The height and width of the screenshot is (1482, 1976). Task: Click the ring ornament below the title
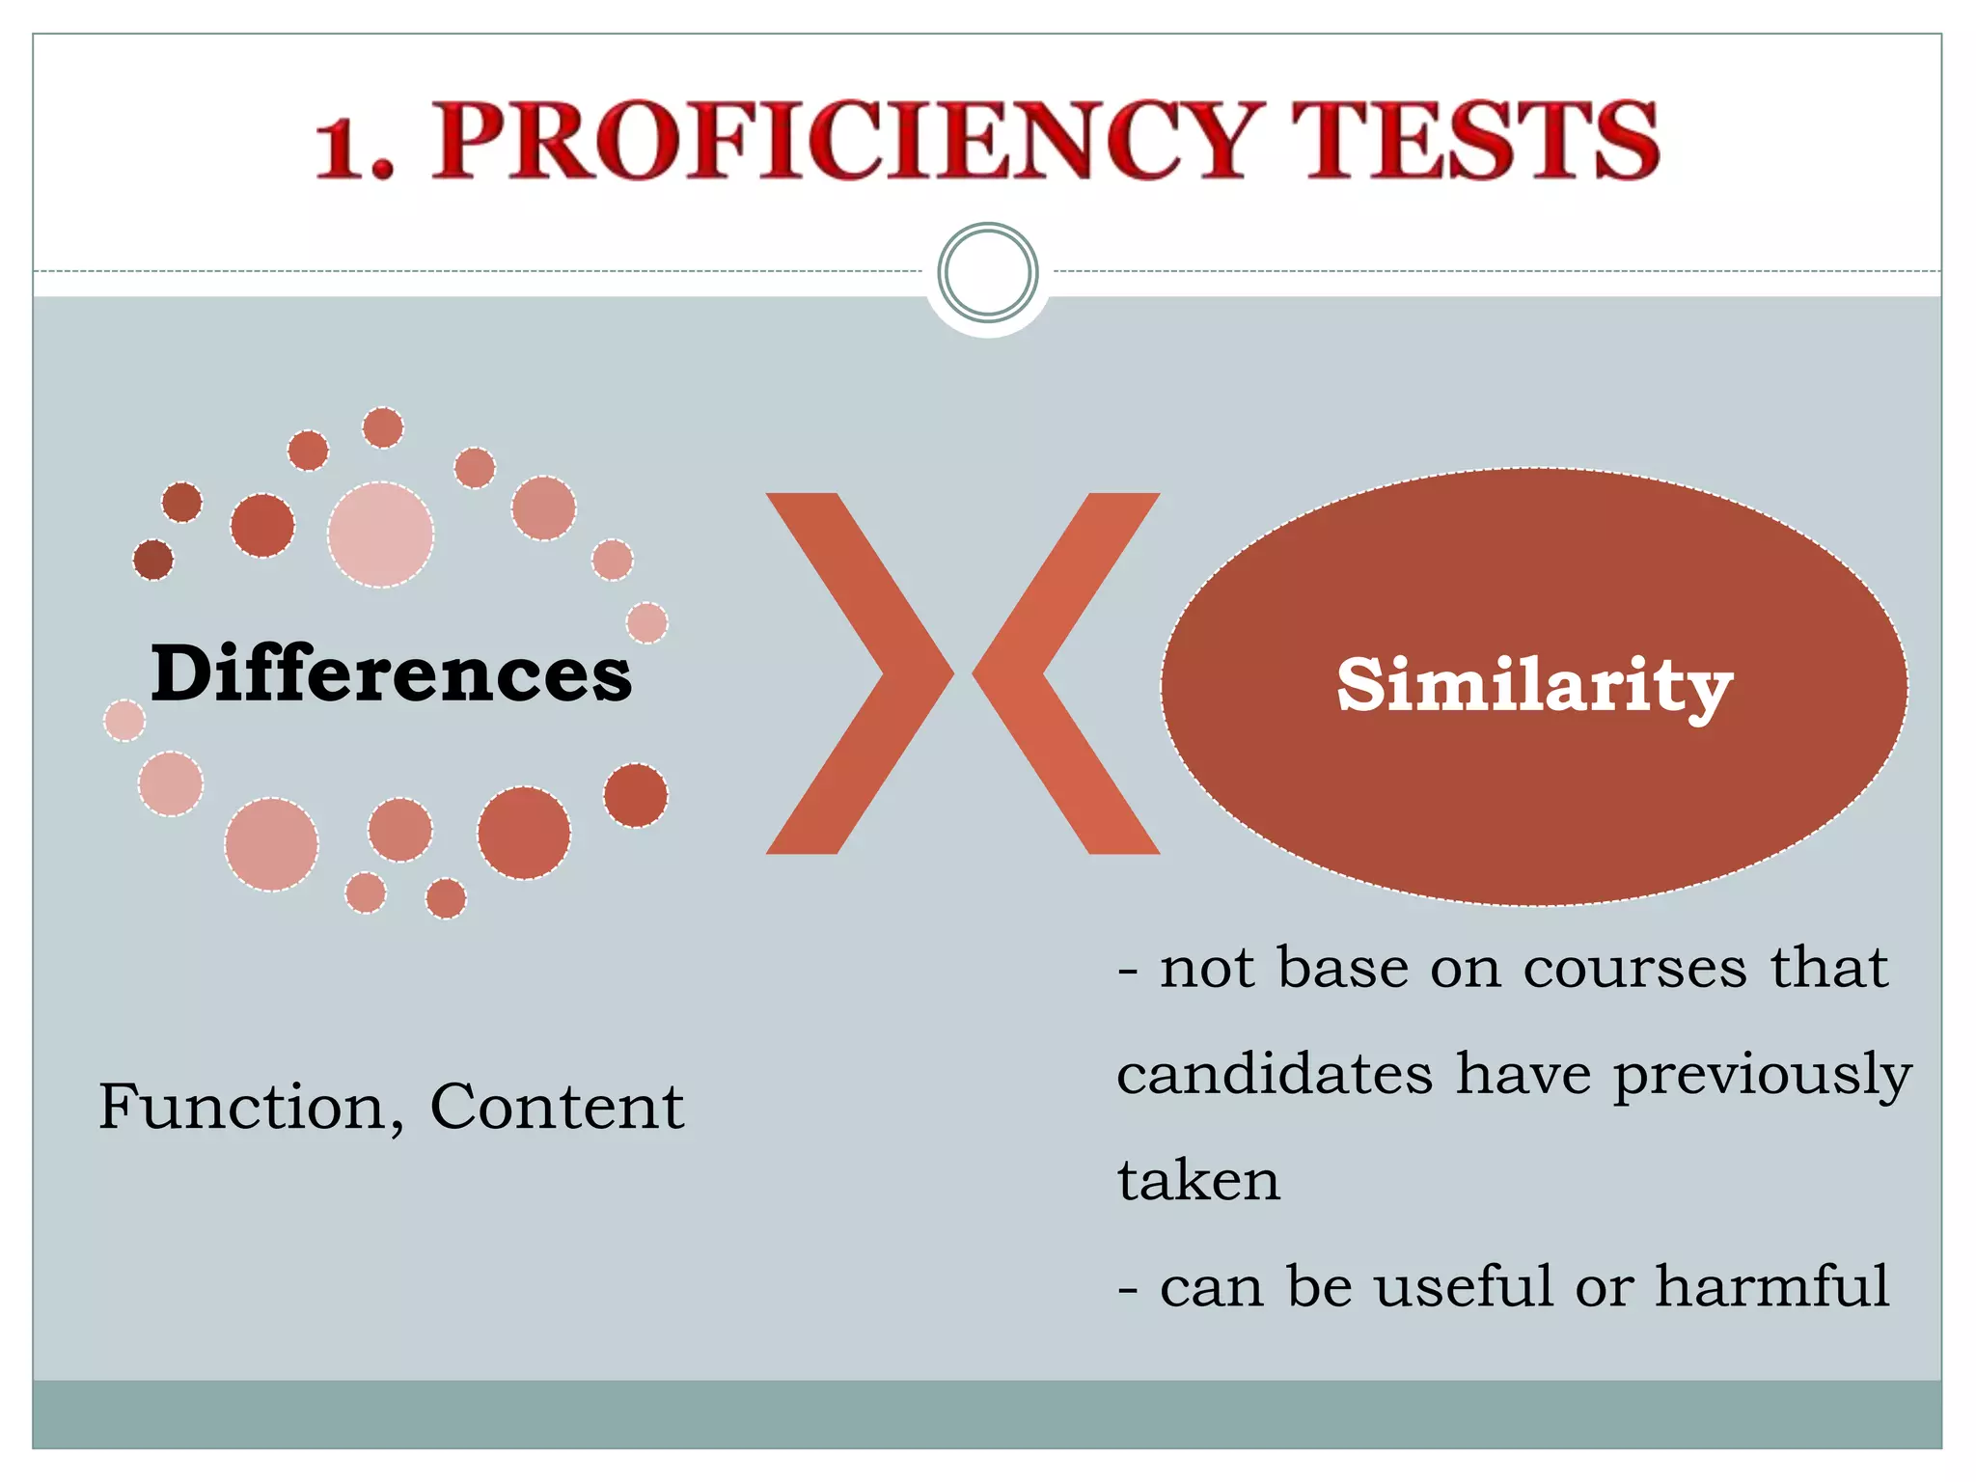tap(988, 272)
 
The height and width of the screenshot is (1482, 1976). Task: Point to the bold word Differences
tap(391, 673)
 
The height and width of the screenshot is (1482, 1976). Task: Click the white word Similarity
tap(1534, 686)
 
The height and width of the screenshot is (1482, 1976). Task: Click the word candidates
tap(1275, 1074)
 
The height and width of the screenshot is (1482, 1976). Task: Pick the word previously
tap(1762, 1076)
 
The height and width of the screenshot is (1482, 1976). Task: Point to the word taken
tap(1198, 1180)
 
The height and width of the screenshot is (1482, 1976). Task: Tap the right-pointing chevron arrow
tap(859, 673)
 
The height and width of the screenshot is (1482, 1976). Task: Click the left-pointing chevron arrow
tap(1066, 673)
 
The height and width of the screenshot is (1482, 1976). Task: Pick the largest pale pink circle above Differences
tap(380, 535)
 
